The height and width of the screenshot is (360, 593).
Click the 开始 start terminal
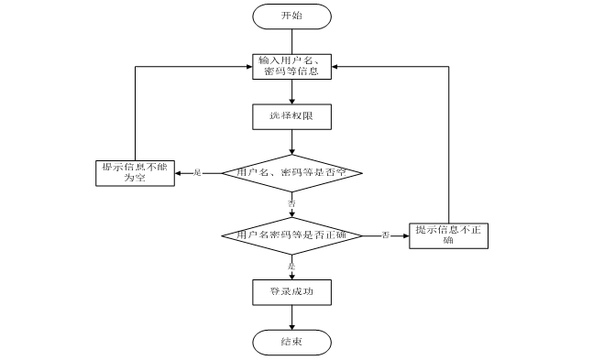[x=291, y=16]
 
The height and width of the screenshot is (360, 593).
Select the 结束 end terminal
[x=291, y=342]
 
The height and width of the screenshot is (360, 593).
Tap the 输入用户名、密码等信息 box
[x=291, y=67]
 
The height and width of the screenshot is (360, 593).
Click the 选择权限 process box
[x=291, y=117]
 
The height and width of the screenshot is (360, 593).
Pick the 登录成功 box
[x=291, y=292]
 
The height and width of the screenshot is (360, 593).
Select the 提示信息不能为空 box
[x=135, y=173]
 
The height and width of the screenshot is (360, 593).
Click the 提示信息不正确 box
[x=448, y=235]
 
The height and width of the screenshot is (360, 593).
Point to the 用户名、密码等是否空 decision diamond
[x=291, y=172]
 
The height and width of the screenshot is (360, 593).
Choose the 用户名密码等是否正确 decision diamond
[x=291, y=235]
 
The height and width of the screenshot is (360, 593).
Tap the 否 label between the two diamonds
[x=291, y=202]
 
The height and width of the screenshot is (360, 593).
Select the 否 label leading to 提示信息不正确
[x=386, y=235]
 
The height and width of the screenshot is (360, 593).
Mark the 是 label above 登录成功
[x=291, y=266]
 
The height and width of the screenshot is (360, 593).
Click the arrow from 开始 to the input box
[x=291, y=40]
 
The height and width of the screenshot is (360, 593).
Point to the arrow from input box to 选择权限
[x=291, y=93]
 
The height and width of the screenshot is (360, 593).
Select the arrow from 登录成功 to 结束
[x=291, y=317]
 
